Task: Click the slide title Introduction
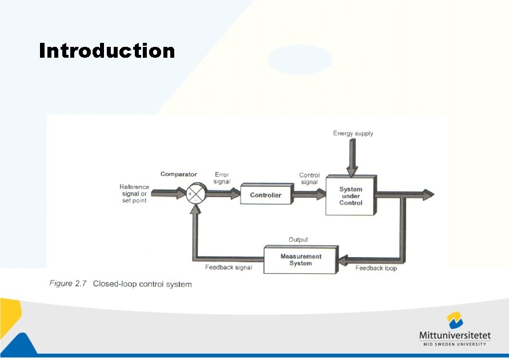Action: [107, 51]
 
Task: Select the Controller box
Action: [266, 195]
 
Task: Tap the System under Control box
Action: [351, 196]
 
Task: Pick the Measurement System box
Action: [300, 260]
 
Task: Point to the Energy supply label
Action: [353, 133]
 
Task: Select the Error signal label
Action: [222, 178]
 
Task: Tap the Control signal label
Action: [309, 179]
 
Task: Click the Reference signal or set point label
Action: [134, 194]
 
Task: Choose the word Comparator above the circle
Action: [179, 174]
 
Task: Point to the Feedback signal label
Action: [229, 267]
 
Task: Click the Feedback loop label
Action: [376, 268]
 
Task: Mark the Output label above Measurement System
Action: [298, 240]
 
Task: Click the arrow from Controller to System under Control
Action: [308, 195]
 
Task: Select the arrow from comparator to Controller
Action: [223, 194]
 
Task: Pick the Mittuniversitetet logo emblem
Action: [455, 321]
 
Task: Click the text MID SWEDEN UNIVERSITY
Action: [455, 344]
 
